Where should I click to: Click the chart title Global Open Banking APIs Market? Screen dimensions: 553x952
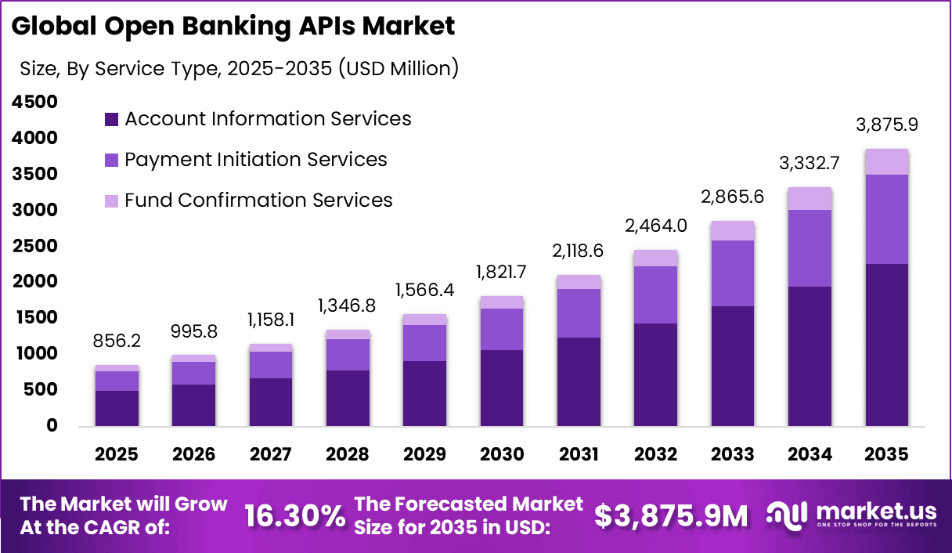[x=233, y=26]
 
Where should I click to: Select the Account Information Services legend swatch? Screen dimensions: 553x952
[x=111, y=120]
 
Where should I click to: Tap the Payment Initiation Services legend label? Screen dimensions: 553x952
[x=256, y=160]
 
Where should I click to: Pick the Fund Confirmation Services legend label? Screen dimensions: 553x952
[x=258, y=201]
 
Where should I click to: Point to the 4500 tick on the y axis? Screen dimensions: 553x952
[x=34, y=102]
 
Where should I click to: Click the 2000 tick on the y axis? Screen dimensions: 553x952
[x=34, y=281]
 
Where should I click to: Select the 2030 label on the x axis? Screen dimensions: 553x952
[x=501, y=455]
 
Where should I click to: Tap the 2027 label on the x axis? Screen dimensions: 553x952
[x=271, y=455]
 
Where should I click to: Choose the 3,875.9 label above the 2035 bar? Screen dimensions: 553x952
[x=886, y=125]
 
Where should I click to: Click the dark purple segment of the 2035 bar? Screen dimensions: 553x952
[x=886, y=345]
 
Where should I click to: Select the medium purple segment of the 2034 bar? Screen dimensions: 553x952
[x=810, y=248]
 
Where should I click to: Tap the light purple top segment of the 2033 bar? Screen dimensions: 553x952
[x=732, y=231]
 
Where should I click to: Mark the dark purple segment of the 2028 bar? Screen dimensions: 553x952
[x=348, y=398]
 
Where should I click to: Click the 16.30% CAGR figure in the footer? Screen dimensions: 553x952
[x=294, y=515]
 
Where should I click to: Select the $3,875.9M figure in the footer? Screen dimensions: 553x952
[x=671, y=515]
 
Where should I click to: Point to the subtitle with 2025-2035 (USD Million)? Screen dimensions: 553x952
[x=239, y=69]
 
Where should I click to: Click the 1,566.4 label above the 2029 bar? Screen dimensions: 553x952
[x=424, y=289]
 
